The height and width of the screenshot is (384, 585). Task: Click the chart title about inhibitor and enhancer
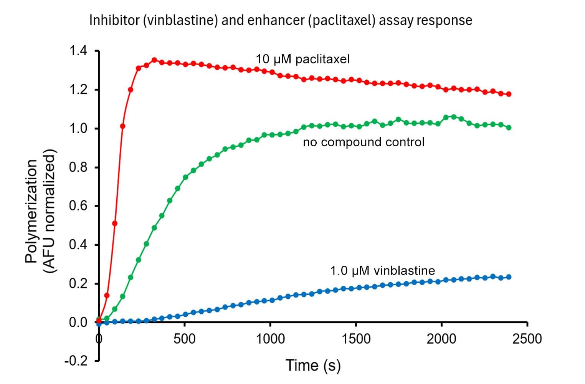tap(281, 20)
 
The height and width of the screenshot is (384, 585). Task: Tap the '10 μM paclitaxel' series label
tap(303, 59)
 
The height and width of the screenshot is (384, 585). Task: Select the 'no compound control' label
tap(364, 142)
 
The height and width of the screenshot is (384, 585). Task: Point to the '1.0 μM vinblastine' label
tap(382, 271)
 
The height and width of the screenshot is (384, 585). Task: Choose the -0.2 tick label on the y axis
tap(76, 361)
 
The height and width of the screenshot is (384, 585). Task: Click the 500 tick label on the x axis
tap(185, 339)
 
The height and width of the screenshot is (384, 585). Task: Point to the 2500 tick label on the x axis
tap(527, 339)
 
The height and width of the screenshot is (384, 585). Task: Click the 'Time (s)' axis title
tap(313, 366)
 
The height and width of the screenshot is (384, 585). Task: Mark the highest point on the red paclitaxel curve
tap(154, 60)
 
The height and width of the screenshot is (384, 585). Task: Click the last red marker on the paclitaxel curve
tap(509, 94)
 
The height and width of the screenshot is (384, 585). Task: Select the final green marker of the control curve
tap(509, 127)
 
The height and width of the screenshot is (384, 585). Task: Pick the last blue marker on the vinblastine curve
tap(509, 277)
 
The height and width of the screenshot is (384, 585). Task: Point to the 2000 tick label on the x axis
tap(441, 339)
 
